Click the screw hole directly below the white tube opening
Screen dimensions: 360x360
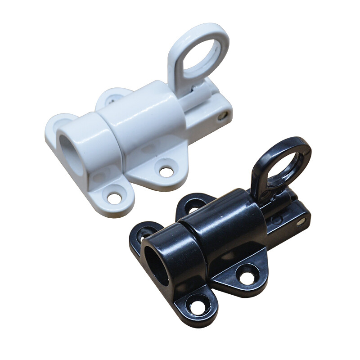coord(114,197)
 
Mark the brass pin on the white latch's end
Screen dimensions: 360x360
coord(223,116)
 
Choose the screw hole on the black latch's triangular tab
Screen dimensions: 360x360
coord(247,274)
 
